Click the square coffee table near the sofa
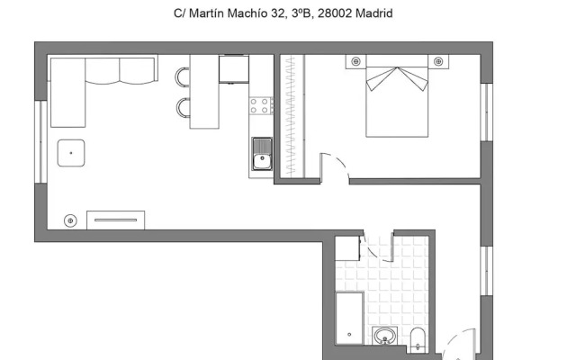pos(71,154)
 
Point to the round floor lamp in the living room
pos(70,220)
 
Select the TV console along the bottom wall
pos(115,220)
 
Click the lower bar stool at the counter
pos(184,108)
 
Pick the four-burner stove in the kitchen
pos(261,105)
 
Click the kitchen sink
pos(261,155)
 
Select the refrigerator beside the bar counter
pos(233,69)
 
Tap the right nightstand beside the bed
pos(438,61)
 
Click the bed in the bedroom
pos(397,99)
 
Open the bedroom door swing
pos(335,167)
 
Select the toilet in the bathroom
pos(418,339)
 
